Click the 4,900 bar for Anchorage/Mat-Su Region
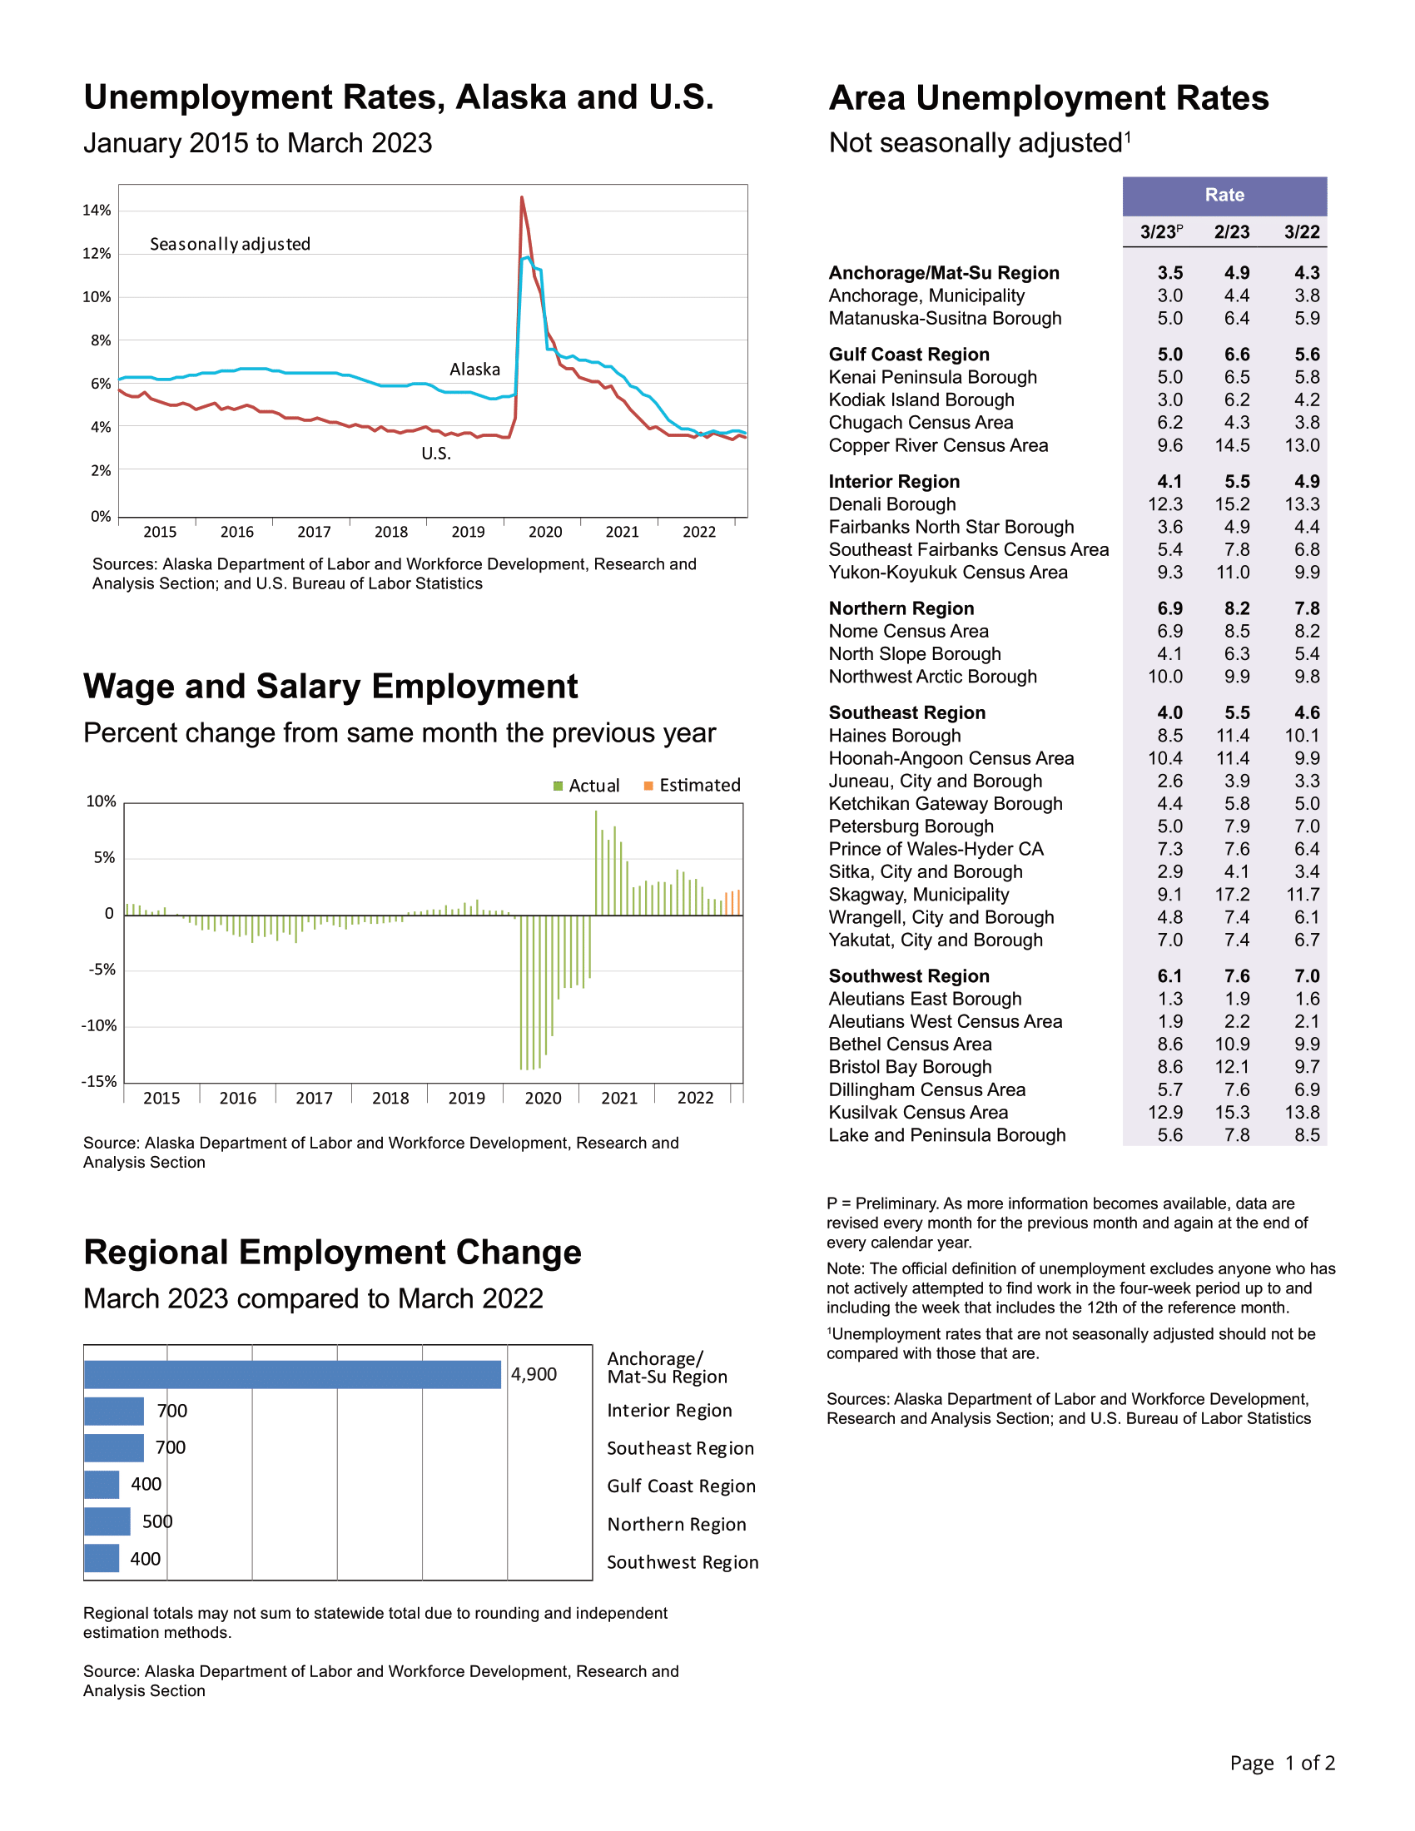tap(292, 1374)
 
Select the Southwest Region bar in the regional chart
tap(102, 1559)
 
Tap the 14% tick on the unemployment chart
tap(97, 211)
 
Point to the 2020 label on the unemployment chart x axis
tap(545, 532)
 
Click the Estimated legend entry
tap(693, 786)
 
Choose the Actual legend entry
tap(587, 786)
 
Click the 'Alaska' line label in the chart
tap(474, 370)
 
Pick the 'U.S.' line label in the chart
tap(436, 454)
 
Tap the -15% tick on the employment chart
tap(99, 1081)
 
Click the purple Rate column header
tap(1224, 196)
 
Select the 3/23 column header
tap(1161, 231)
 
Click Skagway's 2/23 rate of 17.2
tap(1232, 895)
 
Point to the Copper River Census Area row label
tap(938, 445)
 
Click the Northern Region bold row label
tap(901, 608)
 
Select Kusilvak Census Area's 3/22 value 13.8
tap(1303, 1113)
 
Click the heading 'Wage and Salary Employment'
tap(330, 687)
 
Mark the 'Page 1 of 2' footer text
tap(1283, 1763)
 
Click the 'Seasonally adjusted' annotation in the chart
tap(230, 244)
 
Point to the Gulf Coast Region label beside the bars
tap(682, 1486)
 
